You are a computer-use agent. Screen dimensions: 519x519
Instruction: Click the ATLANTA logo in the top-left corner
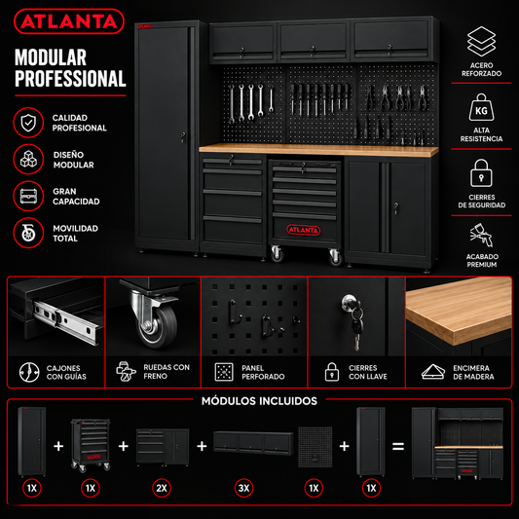coord(69,21)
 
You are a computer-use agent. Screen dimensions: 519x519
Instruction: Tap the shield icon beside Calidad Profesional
coord(28,123)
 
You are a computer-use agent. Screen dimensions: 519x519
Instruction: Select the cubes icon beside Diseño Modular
coord(28,160)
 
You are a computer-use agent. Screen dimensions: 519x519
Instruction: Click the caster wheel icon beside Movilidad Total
coord(28,233)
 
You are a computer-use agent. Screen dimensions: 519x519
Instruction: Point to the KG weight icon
coord(481,107)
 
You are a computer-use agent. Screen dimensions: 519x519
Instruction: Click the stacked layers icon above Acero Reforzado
coord(481,41)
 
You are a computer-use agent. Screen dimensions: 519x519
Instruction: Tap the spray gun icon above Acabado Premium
coord(482,235)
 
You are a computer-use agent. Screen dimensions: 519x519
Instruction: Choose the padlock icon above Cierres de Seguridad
coord(481,172)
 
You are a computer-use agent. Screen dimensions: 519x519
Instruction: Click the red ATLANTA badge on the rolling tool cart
coord(304,230)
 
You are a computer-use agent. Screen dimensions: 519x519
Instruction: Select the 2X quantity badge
coord(162,488)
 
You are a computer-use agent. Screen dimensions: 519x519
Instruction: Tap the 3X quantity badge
coord(244,488)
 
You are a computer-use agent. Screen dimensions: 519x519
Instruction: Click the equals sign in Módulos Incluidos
coord(398,447)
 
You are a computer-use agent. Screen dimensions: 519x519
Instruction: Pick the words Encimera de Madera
coord(473,372)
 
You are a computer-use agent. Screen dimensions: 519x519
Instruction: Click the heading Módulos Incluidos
coord(259,401)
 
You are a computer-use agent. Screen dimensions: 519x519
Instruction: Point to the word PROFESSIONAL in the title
coord(70,79)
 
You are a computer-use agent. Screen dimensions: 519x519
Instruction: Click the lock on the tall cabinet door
coord(183,136)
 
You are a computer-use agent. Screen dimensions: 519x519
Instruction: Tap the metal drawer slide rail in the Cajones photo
coord(67,321)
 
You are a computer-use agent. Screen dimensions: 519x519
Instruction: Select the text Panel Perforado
coord(263,372)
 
